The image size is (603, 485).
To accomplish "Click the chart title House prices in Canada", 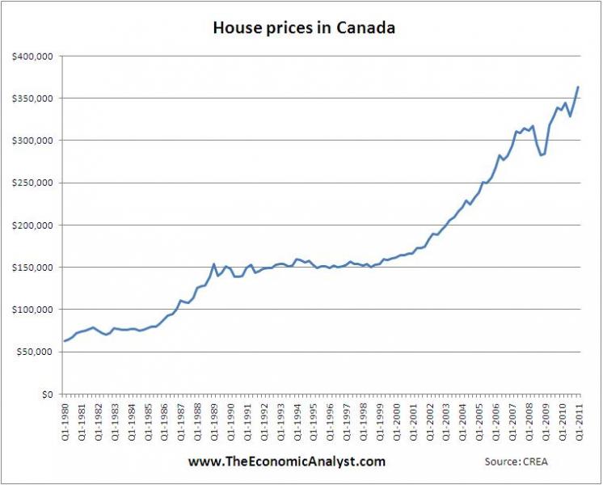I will [x=303, y=28].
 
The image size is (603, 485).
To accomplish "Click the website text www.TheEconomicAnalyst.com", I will [x=287, y=462].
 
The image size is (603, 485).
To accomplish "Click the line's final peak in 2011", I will [x=578, y=86].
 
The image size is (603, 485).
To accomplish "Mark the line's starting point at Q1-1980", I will [x=64, y=341].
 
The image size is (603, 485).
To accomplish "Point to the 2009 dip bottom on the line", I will [x=542, y=155].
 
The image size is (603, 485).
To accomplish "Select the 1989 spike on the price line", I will [x=213, y=264].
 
